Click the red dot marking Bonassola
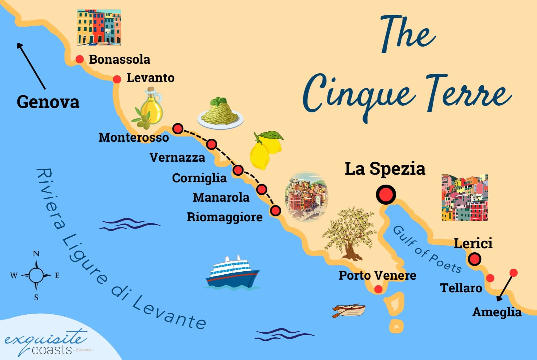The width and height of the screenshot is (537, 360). click(80, 59)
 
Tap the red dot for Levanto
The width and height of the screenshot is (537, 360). click(117, 79)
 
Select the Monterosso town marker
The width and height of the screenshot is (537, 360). click(178, 129)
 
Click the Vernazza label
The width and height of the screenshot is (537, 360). click(177, 157)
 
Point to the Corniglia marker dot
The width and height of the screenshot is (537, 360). click(238, 170)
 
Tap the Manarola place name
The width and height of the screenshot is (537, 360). click(221, 197)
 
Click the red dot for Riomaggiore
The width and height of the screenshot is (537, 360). click(275, 211)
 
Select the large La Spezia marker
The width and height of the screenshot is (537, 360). click(386, 194)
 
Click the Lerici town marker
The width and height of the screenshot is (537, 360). click(474, 259)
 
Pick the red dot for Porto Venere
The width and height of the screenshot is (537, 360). click(378, 289)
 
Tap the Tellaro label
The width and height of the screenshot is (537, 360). click(461, 288)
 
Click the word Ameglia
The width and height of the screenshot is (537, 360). click(497, 312)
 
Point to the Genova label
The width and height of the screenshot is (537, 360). click(48, 102)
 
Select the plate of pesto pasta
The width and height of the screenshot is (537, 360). click(220, 113)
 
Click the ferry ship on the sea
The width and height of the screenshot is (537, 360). click(232, 272)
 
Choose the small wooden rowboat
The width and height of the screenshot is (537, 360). click(349, 311)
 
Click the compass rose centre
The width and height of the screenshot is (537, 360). click(36, 275)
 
